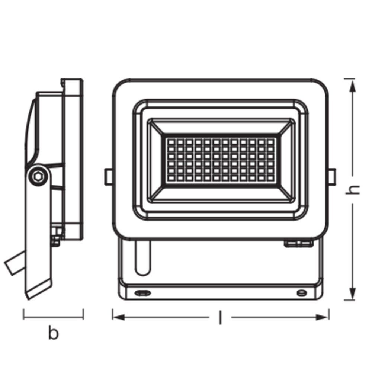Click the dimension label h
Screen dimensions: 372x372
pyautogui.click(x=353, y=190)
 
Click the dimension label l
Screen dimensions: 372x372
pyautogui.click(x=220, y=317)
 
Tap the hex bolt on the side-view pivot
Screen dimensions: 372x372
pyautogui.click(x=38, y=176)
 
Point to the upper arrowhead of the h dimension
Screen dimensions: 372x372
pyautogui.click(x=353, y=86)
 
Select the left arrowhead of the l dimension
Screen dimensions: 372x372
pyautogui.click(x=119, y=317)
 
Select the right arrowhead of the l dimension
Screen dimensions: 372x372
pyautogui.click(x=322, y=317)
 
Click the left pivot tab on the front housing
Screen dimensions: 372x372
pyautogui.click(x=108, y=177)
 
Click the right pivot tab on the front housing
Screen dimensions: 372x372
pyautogui.click(x=332, y=177)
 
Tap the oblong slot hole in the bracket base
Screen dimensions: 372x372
pyautogui.click(x=142, y=293)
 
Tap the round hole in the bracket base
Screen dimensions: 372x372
pyautogui.click(x=302, y=293)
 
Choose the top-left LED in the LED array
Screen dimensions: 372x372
pyautogui.click(x=171, y=142)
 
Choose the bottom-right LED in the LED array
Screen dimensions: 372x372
pyautogui.click(x=270, y=178)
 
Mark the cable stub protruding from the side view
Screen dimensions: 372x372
pyautogui.click(x=15, y=263)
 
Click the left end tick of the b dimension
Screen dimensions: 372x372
pyautogui.click(x=23, y=314)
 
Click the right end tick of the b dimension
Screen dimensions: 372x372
pyautogui.click(x=83, y=314)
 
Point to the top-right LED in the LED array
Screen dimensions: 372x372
pyautogui.click(x=270, y=142)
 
